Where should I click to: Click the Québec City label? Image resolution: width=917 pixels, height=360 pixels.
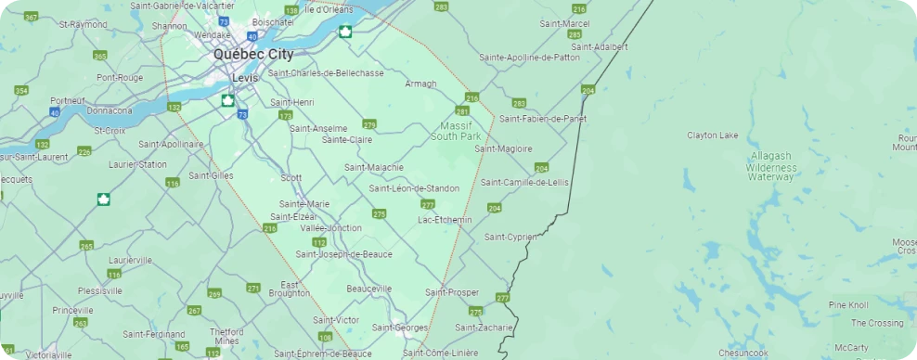[252, 55]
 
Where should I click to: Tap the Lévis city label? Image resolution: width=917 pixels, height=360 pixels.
[245, 78]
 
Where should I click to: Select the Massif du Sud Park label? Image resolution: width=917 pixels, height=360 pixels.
[455, 131]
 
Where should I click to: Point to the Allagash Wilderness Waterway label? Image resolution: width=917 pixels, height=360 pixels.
[772, 167]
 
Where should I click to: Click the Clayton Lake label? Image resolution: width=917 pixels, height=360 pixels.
[713, 135]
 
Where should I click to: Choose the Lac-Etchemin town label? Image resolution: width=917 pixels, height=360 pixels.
[445, 220]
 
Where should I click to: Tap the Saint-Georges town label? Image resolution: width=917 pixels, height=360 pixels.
[400, 328]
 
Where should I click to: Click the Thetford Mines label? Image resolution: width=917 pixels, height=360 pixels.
[226, 336]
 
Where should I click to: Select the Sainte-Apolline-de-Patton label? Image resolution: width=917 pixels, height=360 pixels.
[529, 58]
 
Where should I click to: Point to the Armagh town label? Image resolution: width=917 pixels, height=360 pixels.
[420, 84]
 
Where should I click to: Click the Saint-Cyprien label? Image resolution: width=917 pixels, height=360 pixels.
[510, 238]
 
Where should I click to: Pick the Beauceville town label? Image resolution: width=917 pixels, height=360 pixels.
[369, 289]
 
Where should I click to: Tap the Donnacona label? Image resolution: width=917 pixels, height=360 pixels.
[110, 110]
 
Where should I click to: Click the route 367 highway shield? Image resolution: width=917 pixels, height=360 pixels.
[32, 18]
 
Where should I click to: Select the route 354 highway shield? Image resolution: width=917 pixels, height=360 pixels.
[20, 91]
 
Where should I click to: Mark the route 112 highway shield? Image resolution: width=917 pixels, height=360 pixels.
[319, 242]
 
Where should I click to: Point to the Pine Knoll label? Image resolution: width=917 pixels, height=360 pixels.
[848, 305]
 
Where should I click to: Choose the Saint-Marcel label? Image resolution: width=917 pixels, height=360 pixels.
[563, 23]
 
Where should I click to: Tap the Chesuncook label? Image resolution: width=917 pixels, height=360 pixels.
[742, 354]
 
